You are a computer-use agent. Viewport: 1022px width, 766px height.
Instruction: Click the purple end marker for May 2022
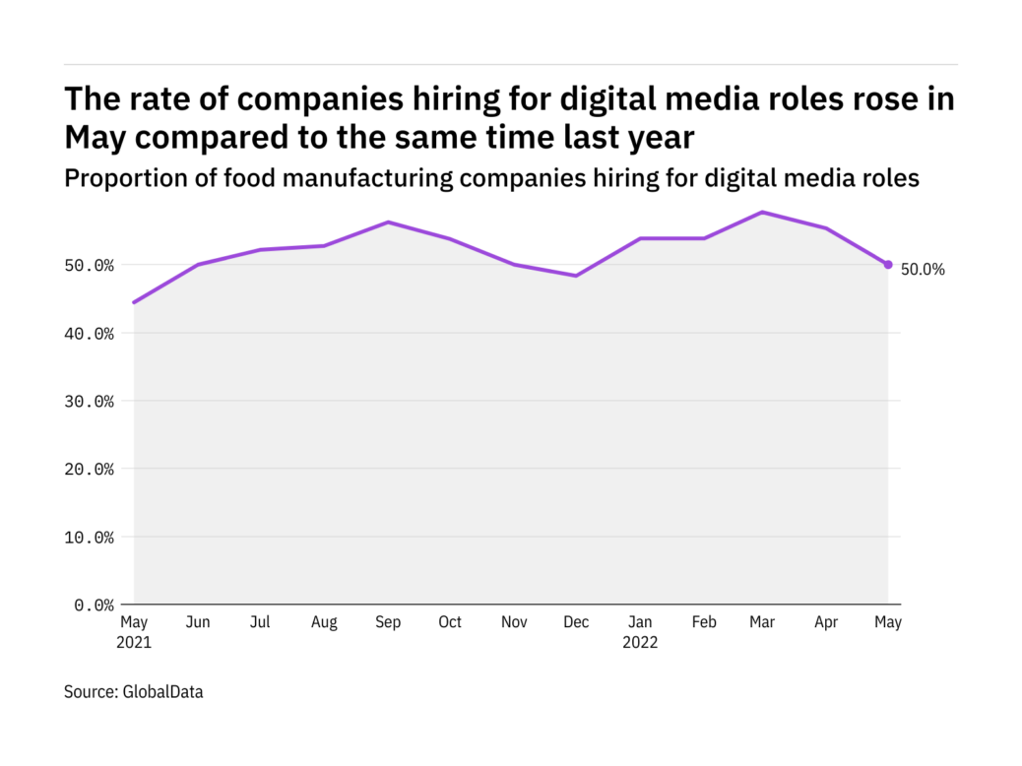[888, 264]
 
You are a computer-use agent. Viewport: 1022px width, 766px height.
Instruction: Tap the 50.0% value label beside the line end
[923, 269]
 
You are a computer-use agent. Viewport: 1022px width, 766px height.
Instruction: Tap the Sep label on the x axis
[388, 622]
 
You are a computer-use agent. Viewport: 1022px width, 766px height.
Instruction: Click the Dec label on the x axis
[576, 622]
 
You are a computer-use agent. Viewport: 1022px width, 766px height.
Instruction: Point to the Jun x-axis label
[198, 622]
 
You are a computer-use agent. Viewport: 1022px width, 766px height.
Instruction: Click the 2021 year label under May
[135, 642]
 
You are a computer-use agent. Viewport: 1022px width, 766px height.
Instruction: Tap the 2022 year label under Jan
[641, 642]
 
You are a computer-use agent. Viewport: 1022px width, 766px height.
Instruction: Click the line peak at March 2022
[763, 212]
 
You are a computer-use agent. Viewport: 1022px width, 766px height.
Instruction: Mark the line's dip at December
[576, 276]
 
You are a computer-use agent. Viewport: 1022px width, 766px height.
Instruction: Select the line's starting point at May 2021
[134, 302]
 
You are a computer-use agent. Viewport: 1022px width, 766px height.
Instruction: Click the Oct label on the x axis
[450, 622]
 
